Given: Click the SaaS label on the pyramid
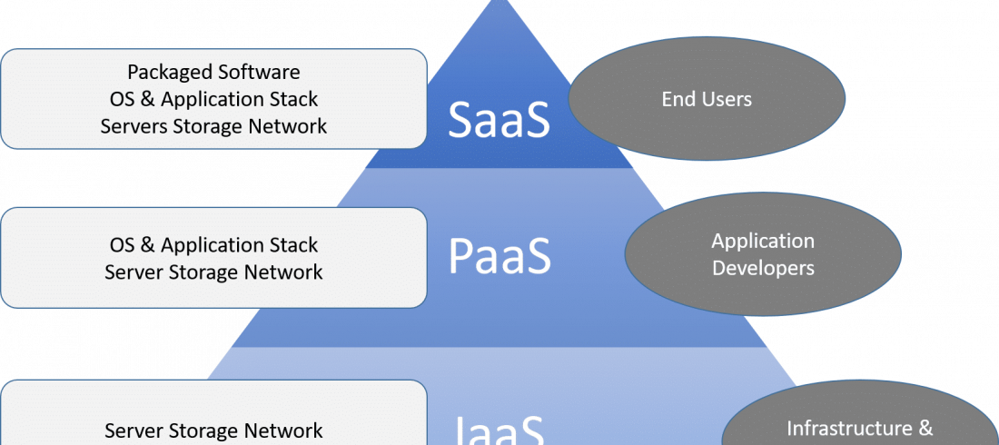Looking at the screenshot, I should (x=499, y=120).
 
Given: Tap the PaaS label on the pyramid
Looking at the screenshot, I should (x=499, y=257).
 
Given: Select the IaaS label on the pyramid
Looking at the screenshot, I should (x=499, y=429).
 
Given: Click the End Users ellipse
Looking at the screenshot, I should (x=707, y=98).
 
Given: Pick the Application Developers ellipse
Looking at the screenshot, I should (x=763, y=254).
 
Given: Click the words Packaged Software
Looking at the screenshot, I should (x=213, y=72).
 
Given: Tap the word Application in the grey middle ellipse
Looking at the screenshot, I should (x=763, y=241).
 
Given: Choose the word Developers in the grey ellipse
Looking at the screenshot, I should (x=763, y=268).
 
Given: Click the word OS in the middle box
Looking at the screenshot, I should (x=123, y=245).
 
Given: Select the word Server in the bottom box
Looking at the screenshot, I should (x=133, y=430).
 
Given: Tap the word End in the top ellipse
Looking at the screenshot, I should (x=678, y=99).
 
